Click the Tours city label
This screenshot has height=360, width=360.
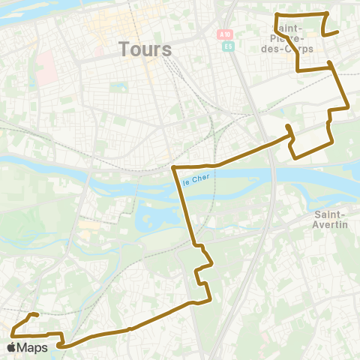[x=145, y=49]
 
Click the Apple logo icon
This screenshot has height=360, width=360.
[x=13, y=347]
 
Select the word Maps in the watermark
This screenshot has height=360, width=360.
[x=34, y=347]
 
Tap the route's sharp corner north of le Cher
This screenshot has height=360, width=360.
[x=174, y=166]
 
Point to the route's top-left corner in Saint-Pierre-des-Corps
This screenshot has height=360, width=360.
[x=277, y=15]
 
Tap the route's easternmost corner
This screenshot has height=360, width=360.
[x=349, y=108]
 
